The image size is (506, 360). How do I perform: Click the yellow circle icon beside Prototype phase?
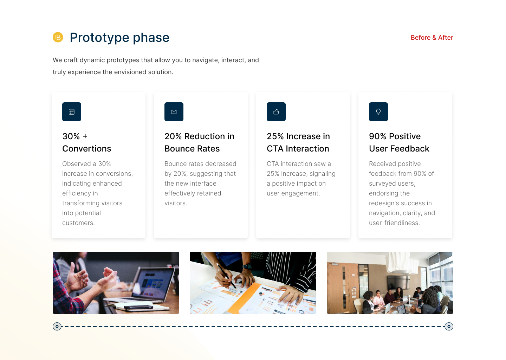pos(58,37)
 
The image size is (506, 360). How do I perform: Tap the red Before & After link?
pos(432,38)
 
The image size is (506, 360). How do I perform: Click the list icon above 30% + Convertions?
pos(72,112)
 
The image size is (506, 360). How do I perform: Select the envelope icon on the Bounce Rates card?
pos(174,112)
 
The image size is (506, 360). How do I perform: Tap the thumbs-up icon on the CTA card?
pos(276,112)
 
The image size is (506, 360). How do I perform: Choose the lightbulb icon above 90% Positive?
pos(378,112)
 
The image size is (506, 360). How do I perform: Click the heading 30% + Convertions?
pos(86,142)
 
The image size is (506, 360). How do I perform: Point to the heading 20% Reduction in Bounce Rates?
pos(199,142)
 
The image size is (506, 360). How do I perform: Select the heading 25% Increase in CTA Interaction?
pos(298,142)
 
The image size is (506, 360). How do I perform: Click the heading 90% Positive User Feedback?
pos(399,142)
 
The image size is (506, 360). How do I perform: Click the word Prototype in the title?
pos(99,38)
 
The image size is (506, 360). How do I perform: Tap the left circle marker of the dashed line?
pos(57,326)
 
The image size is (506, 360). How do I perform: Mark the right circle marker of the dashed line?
pos(449,326)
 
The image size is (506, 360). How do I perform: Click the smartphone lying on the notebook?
pos(138,307)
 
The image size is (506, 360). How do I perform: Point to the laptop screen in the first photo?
pos(154,283)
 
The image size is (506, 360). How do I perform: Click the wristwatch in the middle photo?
pos(247,267)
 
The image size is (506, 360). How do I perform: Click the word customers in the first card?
pos(78,223)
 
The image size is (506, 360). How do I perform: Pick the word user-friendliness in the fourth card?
pos(394,223)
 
